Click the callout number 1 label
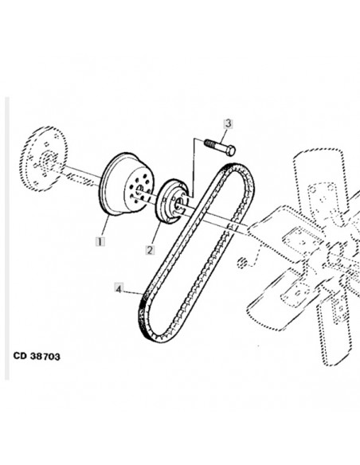click(100, 241)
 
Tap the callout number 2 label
click(150, 250)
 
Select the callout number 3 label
click(228, 123)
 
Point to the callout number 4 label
click(119, 288)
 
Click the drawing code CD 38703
click(37, 356)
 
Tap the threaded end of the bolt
click(209, 143)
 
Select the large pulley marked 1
click(127, 185)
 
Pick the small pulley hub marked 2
click(172, 201)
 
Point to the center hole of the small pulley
click(179, 203)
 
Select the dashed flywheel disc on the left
click(43, 158)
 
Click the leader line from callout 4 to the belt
click(133, 291)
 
